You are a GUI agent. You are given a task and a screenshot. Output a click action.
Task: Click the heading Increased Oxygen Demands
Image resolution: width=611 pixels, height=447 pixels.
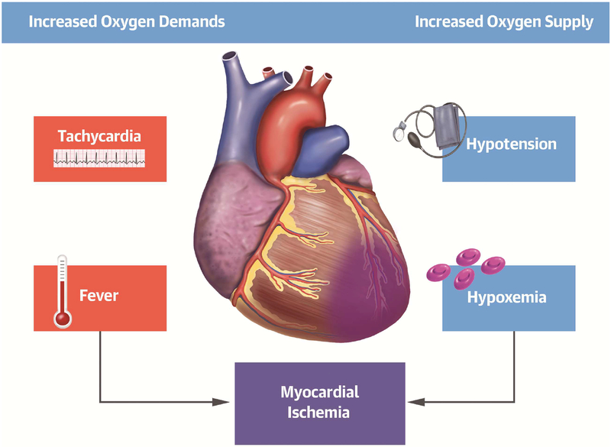point(127,21)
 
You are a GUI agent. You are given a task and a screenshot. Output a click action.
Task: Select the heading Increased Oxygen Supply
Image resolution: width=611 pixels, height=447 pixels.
point(503,21)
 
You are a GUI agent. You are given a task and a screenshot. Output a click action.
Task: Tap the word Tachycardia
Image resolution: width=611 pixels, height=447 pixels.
point(99,137)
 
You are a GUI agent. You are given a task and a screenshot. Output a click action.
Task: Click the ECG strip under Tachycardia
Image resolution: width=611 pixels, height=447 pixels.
point(99,158)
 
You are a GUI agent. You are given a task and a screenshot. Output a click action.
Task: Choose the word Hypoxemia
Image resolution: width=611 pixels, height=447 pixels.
point(506,297)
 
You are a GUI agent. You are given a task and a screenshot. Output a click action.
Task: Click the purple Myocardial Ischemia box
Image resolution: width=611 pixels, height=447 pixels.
point(318,402)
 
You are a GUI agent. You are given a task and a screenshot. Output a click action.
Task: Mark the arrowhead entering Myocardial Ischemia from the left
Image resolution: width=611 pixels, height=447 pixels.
point(228,401)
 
